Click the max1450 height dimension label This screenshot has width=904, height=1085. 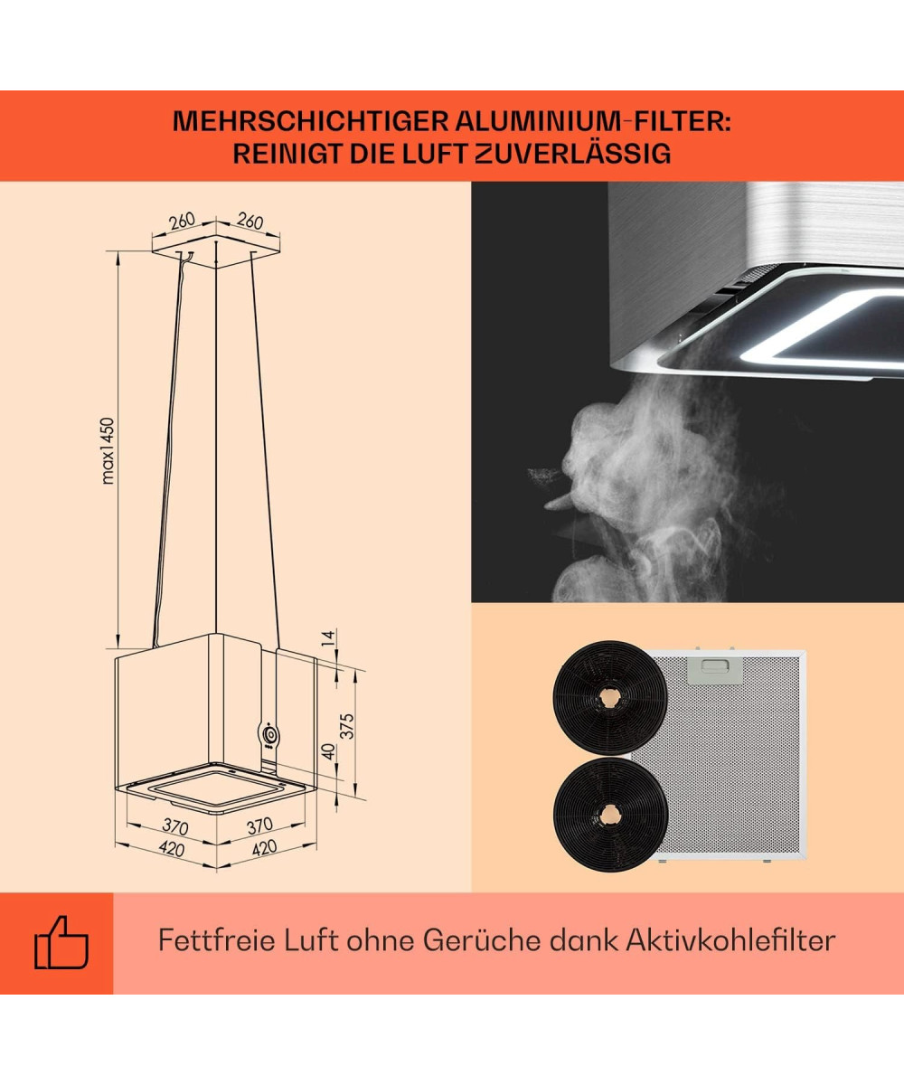pyautogui.click(x=108, y=451)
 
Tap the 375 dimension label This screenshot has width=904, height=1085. pyautogui.click(x=347, y=726)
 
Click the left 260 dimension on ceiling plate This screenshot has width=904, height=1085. pyautogui.click(x=183, y=221)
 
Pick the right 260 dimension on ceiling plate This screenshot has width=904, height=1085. pyautogui.click(x=250, y=221)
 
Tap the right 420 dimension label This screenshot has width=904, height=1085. pyautogui.click(x=264, y=848)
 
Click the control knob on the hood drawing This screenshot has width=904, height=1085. pyautogui.click(x=270, y=735)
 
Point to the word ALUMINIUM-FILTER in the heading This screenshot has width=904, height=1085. pyautogui.click(x=593, y=121)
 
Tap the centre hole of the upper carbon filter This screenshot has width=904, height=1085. pyautogui.click(x=609, y=697)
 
